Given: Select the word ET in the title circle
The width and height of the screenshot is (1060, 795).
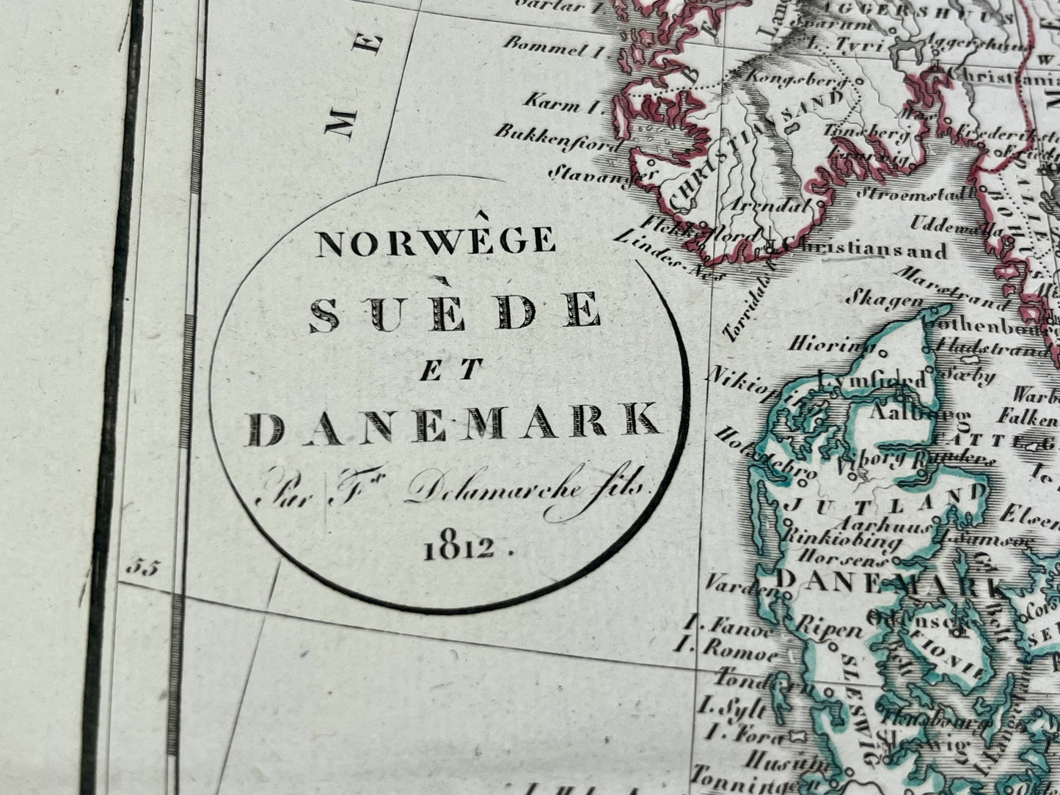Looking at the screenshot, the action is [449, 369].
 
